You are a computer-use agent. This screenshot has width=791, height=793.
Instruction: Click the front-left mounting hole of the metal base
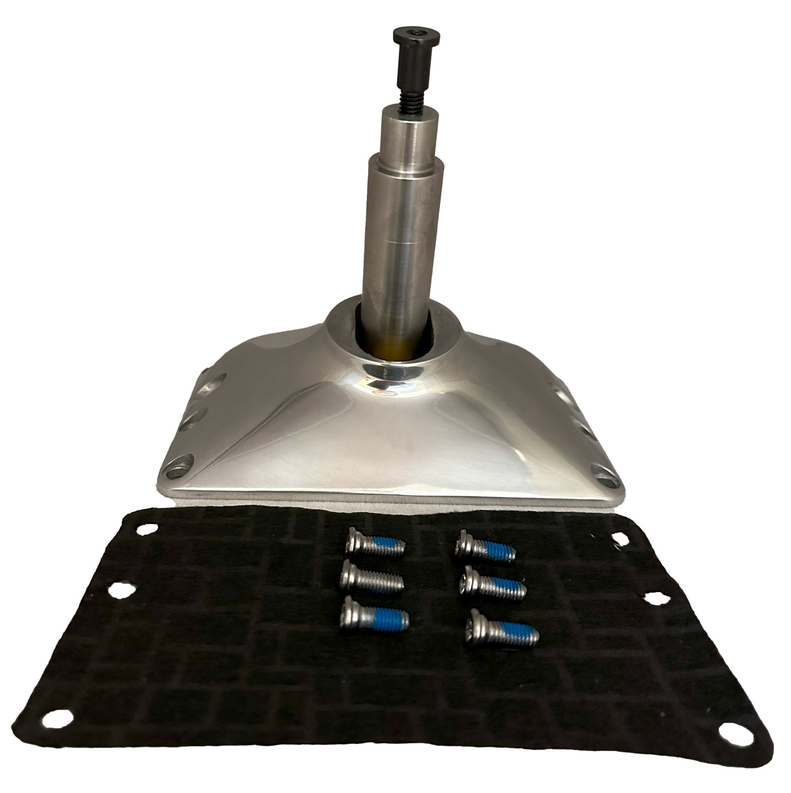[x=178, y=469]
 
